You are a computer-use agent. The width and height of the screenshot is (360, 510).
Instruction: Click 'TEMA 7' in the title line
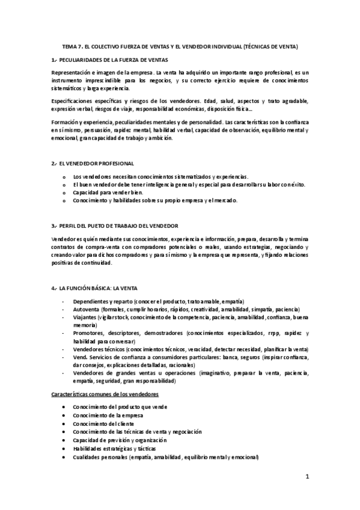click(x=73, y=46)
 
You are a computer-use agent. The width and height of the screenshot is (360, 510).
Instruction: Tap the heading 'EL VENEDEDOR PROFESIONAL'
click(x=96, y=164)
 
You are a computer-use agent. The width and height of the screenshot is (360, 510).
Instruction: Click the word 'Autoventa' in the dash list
click(x=85, y=308)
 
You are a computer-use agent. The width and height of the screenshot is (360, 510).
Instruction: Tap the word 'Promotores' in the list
click(x=87, y=333)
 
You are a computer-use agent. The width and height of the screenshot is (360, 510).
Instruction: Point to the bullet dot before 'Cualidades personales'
click(x=64, y=457)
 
